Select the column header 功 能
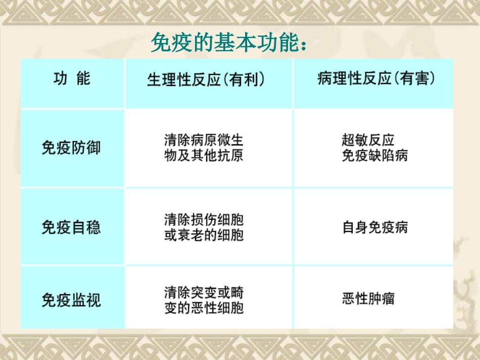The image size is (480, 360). (x=72, y=79)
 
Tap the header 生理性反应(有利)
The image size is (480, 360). (x=206, y=80)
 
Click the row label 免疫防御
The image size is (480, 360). (x=71, y=147)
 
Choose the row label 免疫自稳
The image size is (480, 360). (x=71, y=227)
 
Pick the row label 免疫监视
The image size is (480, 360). (x=71, y=300)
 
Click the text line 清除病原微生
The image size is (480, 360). (x=204, y=140)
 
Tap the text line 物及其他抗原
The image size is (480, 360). (x=204, y=155)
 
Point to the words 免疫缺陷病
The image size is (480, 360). (x=374, y=155)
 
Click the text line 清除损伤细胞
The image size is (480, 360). (x=204, y=220)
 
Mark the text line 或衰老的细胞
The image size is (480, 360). (x=204, y=235)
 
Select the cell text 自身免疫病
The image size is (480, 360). (x=375, y=227)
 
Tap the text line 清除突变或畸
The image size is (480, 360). (x=204, y=292)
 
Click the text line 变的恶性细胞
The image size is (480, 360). (x=204, y=307)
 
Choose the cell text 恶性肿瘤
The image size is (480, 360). (x=368, y=299)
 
